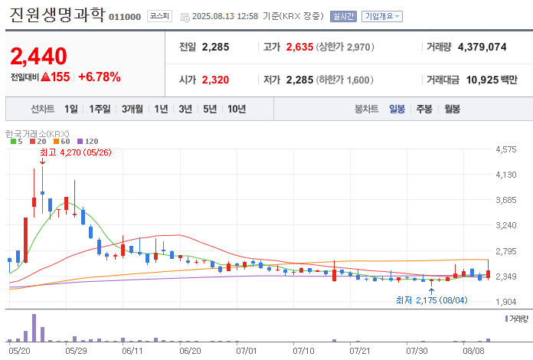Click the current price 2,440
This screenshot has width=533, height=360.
point(39,57)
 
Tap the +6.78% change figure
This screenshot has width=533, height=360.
point(100,77)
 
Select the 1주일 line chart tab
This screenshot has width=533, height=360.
point(100,109)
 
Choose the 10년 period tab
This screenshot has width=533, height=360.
point(237,109)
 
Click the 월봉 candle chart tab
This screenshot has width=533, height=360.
point(452,109)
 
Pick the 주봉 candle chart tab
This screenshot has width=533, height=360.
point(424,109)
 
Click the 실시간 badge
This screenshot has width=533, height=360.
point(343,16)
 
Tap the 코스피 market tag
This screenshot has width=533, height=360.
point(159,16)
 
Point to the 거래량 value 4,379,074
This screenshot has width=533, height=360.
point(482,47)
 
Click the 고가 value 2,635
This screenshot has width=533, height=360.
point(299,47)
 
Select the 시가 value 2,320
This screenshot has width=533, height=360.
point(215,80)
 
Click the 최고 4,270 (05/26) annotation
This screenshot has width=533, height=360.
point(76,152)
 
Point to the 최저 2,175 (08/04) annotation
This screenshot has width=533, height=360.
point(432,300)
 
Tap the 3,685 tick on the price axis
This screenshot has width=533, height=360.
point(505,200)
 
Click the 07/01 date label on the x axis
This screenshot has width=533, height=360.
point(247,351)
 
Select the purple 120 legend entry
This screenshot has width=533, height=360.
point(88,142)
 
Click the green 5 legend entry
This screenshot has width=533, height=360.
point(17,142)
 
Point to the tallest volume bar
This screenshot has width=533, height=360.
point(34,328)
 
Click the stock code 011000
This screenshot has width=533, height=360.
point(125,17)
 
